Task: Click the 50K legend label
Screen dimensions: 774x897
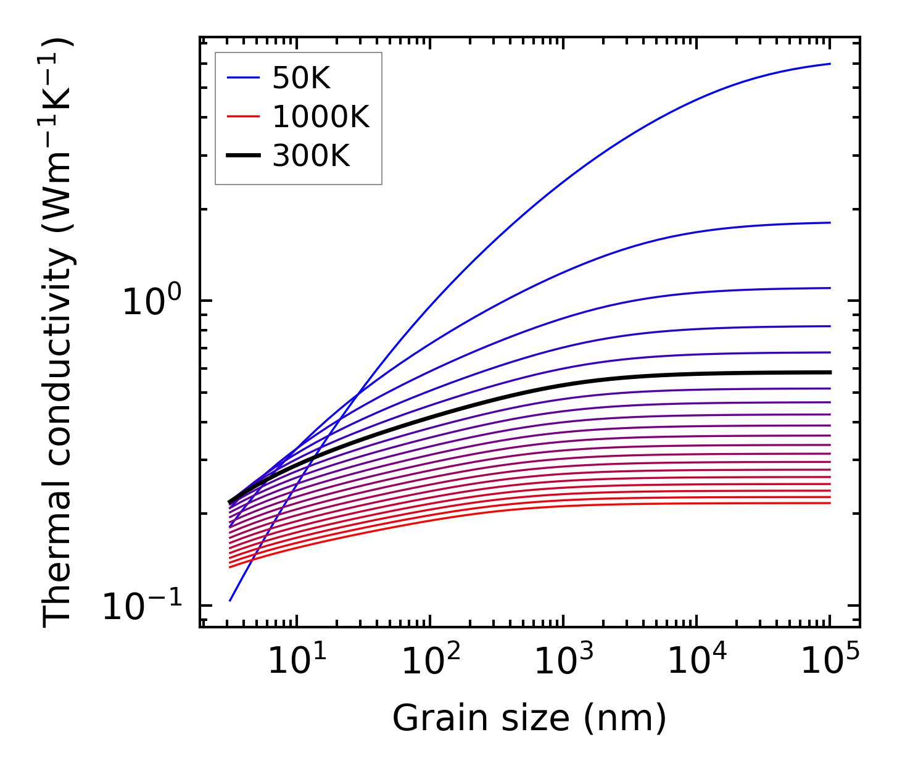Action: [x=302, y=78]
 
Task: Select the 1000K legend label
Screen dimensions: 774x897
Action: [x=321, y=117]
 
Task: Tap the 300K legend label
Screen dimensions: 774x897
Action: [x=311, y=156]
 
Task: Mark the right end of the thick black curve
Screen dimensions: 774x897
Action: [x=830, y=372]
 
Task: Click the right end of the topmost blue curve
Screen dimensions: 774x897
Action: [x=830, y=64]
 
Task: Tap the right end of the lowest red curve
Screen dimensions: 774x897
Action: [x=830, y=503]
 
